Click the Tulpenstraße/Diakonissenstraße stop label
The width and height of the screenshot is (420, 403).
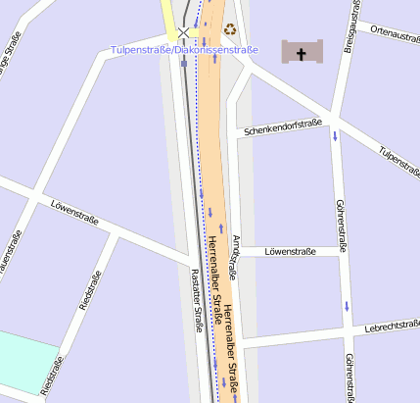(x=184, y=49)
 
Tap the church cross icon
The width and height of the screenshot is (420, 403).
(x=302, y=52)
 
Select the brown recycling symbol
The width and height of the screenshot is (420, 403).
(x=230, y=30)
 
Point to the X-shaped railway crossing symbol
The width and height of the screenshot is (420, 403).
(x=183, y=32)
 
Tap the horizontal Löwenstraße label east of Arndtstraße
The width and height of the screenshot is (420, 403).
(x=291, y=252)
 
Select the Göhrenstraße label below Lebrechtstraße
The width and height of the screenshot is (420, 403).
(x=350, y=378)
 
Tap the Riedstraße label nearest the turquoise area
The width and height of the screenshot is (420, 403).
(x=54, y=378)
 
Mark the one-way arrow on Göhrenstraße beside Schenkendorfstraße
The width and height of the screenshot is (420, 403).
(x=335, y=135)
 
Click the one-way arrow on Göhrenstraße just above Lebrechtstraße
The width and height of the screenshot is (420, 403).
(x=347, y=307)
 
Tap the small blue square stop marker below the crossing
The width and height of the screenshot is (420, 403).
(x=183, y=65)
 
